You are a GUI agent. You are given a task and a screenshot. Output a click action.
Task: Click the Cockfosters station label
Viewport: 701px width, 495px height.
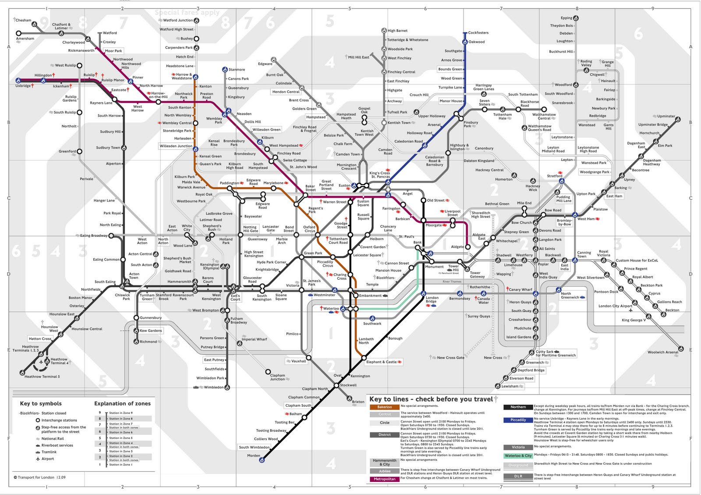pos(478,33)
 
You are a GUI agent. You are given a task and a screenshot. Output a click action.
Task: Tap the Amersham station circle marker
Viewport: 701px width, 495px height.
pos(18,33)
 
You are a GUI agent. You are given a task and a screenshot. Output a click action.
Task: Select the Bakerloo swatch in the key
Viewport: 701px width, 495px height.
pos(384,407)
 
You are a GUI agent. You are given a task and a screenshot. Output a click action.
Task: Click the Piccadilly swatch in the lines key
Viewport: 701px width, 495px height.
pos(518,420)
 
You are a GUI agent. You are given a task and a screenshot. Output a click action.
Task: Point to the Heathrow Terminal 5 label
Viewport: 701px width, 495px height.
pos(42,377)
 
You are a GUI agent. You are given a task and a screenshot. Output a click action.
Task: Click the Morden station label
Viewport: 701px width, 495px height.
pos(254,456)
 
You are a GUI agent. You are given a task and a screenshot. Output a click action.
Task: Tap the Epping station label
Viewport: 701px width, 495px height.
pos(566,18)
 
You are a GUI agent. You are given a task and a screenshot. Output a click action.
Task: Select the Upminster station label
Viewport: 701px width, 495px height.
pos(666,116)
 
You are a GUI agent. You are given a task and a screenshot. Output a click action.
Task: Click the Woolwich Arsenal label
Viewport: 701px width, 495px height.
pos(662,352)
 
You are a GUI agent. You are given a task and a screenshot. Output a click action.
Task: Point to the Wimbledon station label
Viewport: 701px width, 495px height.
pos(214,387)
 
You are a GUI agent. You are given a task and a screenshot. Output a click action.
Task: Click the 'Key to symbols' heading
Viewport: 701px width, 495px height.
pos(41,403)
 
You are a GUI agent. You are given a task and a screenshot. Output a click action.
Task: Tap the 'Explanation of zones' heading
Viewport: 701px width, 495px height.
pos(122,403)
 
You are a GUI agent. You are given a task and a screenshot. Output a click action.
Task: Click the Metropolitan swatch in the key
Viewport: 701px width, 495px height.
pos(384,479)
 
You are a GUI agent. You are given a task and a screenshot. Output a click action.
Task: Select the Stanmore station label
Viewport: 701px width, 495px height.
pos(237,70)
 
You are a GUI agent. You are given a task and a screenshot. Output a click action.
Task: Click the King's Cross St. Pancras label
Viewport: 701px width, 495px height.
pos(379,175)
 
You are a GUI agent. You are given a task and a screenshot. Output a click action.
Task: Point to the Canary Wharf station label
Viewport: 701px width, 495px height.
pos(520,289)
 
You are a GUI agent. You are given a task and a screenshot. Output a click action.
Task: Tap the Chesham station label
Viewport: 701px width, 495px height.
pos(23,20)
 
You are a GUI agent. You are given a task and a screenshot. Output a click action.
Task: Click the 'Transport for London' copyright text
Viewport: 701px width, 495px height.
pos(39,477)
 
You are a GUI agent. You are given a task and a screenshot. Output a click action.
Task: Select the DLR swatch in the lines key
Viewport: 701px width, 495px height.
pos(518,476)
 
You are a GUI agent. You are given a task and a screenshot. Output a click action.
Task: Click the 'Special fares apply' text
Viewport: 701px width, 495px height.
pos(187,13)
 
